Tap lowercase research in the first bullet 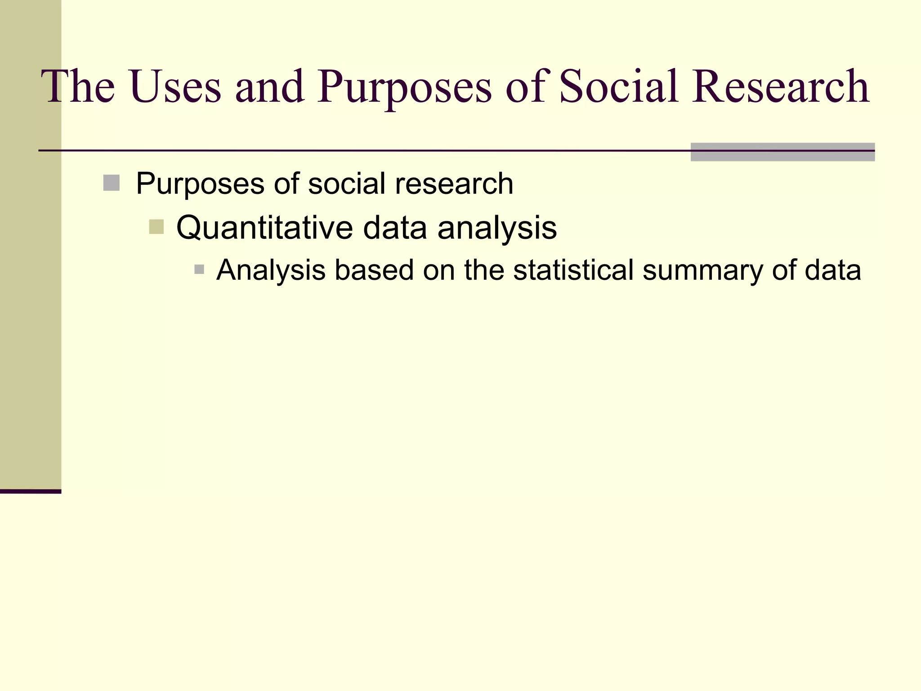tap(454, 184)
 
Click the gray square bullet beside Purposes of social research tap(111, 183)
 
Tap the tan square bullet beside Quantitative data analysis tap(156, 227)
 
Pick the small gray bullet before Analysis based tap(199, 270)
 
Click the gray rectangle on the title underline tap(782, 152)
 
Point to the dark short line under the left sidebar tap(30, 491)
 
